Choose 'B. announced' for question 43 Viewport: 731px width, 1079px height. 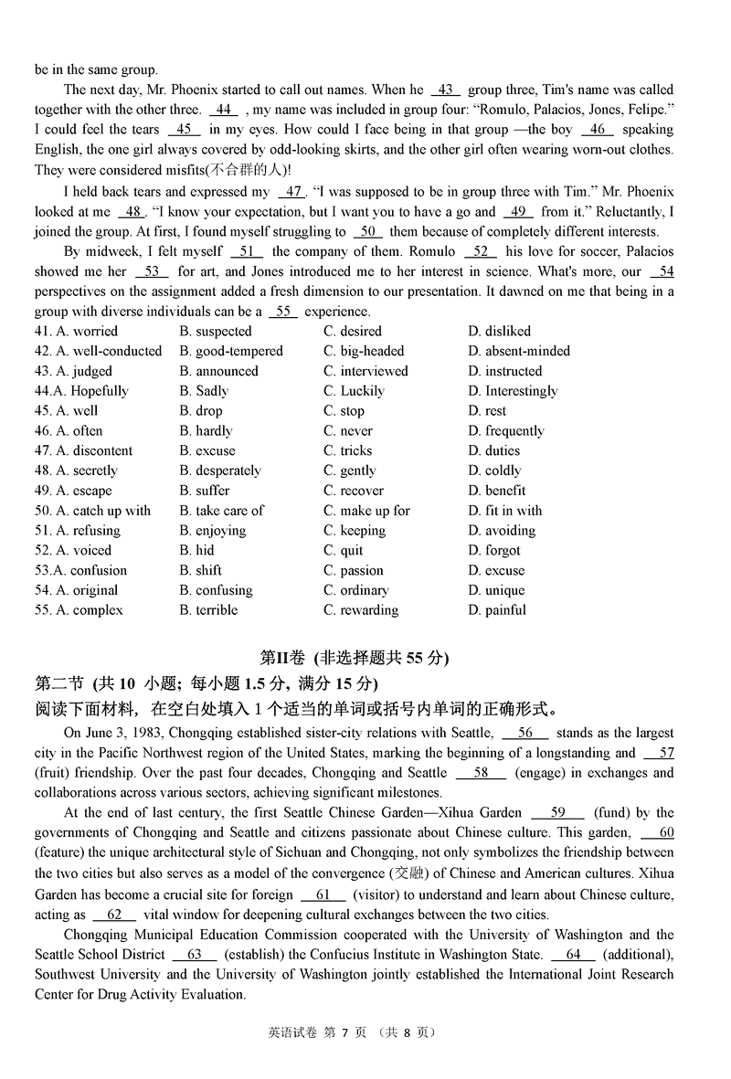click(218, 371)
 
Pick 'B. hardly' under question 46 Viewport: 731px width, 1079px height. click(206, 430)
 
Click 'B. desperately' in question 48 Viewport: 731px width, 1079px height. click(220, 471)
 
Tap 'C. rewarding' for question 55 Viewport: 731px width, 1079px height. click(360, 610)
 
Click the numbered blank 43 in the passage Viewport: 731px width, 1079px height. click(446, 90)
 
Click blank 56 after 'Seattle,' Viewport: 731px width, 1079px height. click(525, 733)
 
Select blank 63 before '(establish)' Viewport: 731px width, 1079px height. click(195, 955)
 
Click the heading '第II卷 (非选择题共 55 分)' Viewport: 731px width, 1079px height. click(355, 657)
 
